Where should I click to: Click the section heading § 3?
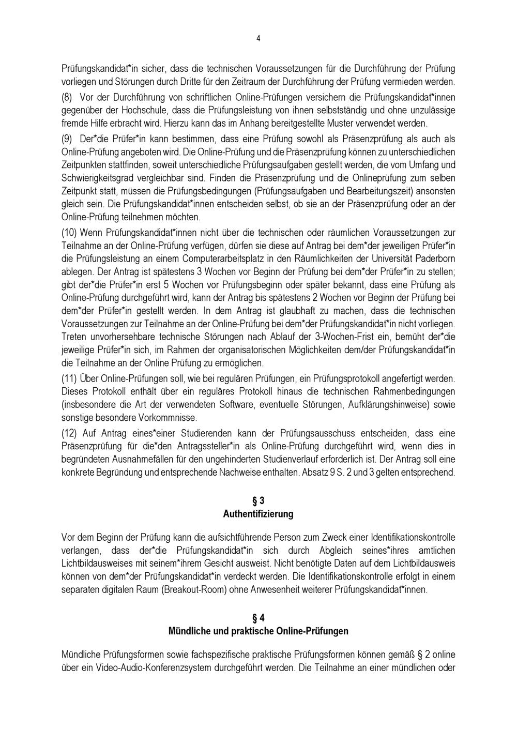pyautogui.click(x=258, y=500)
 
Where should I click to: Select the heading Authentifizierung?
pyautogui.click(x=258, y=514)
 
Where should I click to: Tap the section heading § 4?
pyautogui.click(x=258, y=618)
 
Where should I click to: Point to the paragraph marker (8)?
pyautogui.click(x=68, y=97)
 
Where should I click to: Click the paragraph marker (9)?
pyautogui.click(x=68, y=139)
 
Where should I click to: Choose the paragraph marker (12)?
pyautogui.click(x=70, y=433)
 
